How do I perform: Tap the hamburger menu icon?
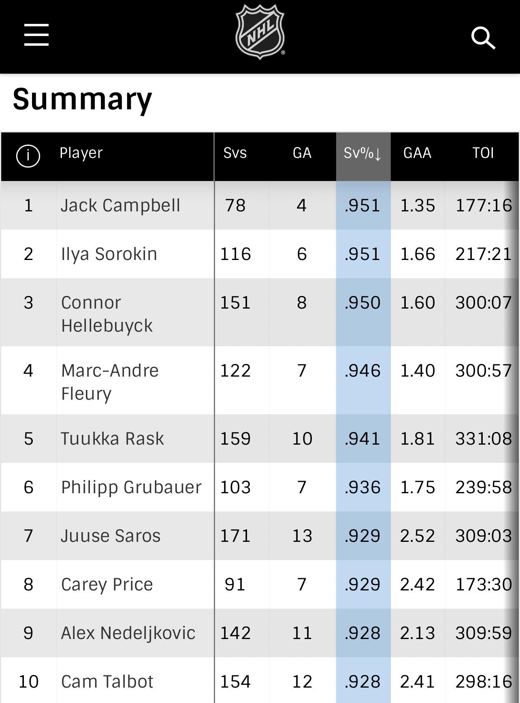click(36, 35)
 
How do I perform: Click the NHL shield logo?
click(260, 32)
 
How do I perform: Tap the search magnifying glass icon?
click(483, 38)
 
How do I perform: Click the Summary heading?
click(82, 99)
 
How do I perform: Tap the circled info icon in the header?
click(28, 156)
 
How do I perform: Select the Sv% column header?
click(362, 153)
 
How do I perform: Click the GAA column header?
click(417, 153)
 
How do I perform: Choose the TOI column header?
click(483, 153)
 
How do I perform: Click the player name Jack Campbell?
click(120, 205)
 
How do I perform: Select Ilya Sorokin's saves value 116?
click(235, 254)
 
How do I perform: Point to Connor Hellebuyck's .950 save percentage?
click(362, 303)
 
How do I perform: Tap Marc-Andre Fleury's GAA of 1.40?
click(418, 371)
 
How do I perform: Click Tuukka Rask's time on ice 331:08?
click(484, 439)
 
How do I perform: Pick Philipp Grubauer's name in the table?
click(131, 487)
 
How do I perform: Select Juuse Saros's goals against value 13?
click(302, 536)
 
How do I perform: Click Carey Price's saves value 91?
click(235, 585)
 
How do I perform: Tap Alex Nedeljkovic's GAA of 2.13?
click(418, 633)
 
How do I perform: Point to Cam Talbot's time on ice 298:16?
click(484, 682)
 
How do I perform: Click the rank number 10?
click(28, 682)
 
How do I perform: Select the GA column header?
click(302, 153)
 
